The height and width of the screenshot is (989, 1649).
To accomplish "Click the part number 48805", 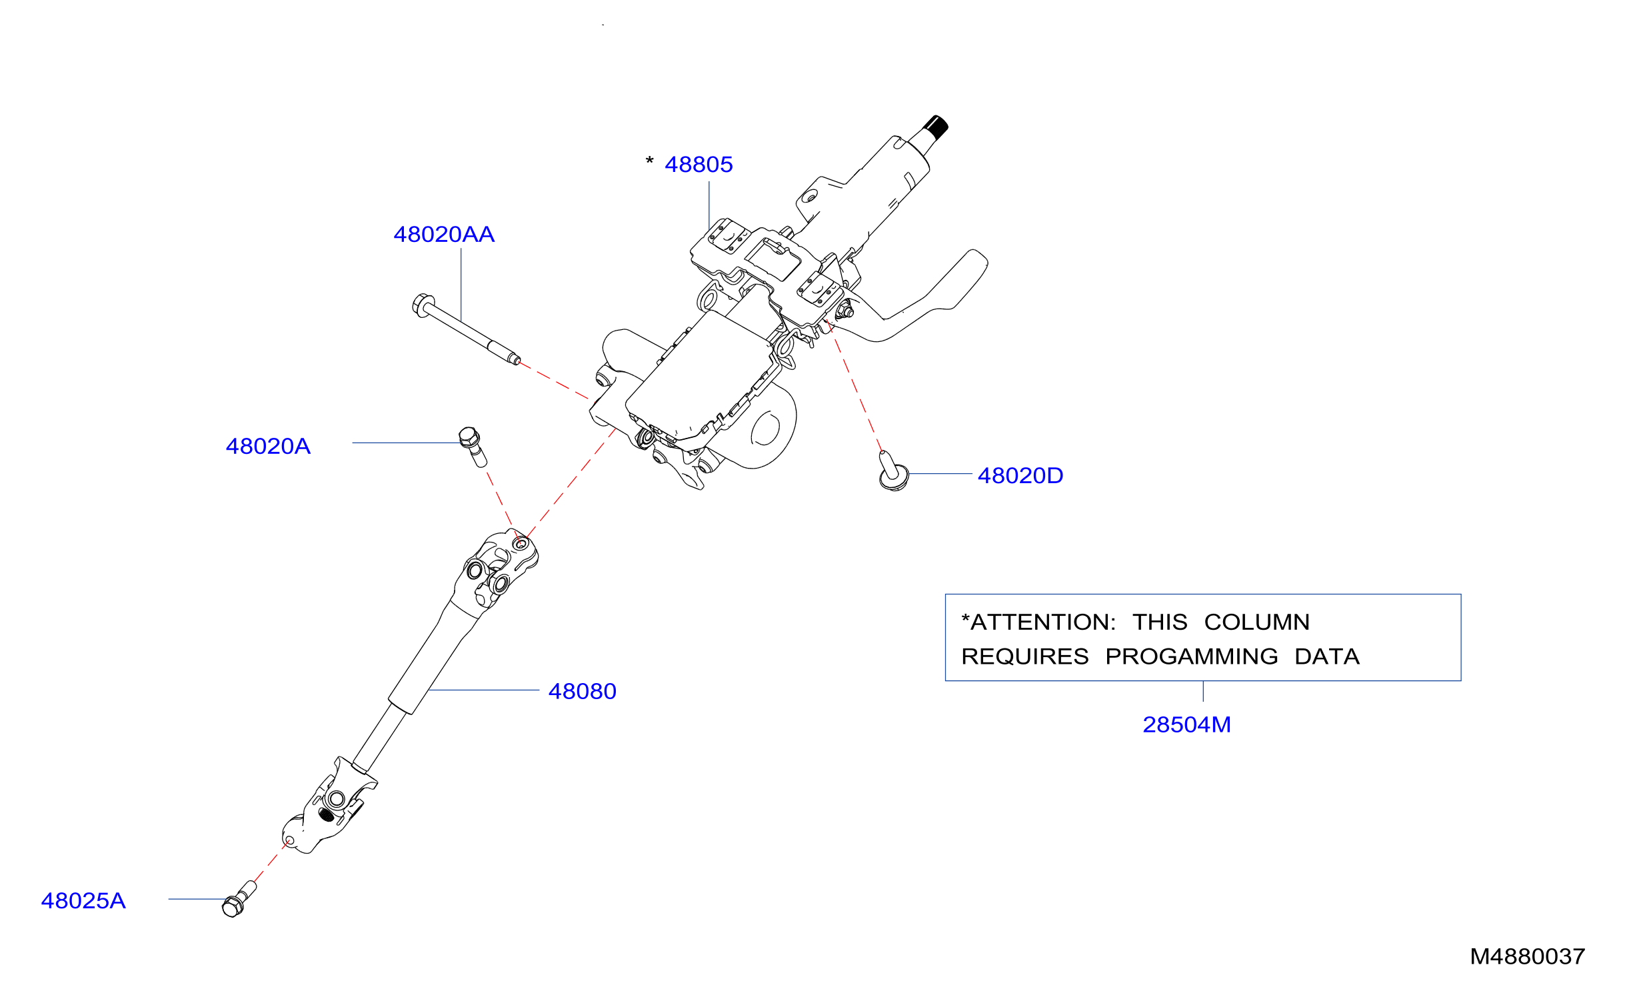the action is [699, 165].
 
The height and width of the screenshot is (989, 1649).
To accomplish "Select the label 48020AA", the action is [444, 235].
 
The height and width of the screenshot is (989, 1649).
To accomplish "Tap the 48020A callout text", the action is [268, 447].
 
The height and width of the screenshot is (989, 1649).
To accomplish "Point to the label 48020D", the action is [1020, 476].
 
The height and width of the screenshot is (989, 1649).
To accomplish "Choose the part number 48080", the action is [582, 692].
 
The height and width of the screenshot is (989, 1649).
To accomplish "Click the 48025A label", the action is [83, 901].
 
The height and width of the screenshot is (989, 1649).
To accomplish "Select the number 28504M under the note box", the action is [1186, 725].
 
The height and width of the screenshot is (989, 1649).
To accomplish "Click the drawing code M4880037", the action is [1527, 957].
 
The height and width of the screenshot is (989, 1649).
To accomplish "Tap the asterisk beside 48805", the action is [649, 161].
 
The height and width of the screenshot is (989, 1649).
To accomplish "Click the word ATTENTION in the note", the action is [1042, 622].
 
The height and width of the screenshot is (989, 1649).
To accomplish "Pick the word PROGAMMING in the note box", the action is [1192, 657].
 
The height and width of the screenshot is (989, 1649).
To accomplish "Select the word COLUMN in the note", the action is [1257, 622].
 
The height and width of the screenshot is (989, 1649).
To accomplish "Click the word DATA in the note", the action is [1327, 657].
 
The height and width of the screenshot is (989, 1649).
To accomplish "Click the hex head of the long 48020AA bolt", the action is [423, 305].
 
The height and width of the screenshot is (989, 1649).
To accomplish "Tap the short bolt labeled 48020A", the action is [473, 447].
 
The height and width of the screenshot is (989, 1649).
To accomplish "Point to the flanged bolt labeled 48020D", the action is [892, 472].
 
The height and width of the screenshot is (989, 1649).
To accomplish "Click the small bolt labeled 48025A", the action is [239, 899].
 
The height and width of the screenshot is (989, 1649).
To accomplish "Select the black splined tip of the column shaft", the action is [936, 127].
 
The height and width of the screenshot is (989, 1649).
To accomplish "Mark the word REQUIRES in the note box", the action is [1025, 657].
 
